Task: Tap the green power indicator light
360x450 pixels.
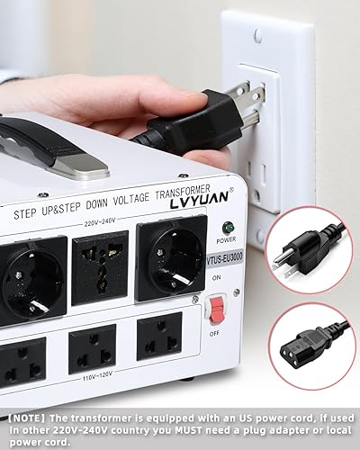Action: point(227,229)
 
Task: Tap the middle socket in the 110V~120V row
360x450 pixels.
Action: point(93,347)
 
